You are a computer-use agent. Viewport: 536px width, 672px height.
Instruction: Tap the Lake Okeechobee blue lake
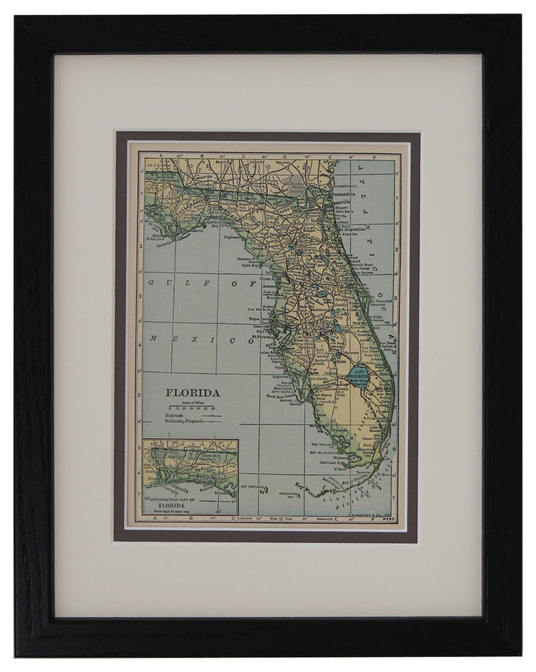[x=359, y=373]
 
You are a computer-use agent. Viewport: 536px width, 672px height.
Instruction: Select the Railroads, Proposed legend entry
[x=186, y=422]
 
